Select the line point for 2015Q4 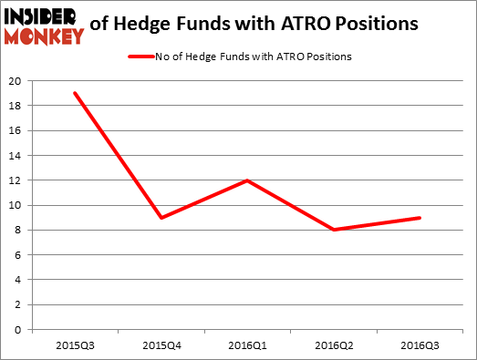[x=161, y=218]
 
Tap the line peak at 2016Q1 [x=247, y=180]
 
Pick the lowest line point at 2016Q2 [x=334, y=230]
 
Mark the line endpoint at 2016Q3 [x=420, y=218]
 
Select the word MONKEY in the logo [x=43, y=35]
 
